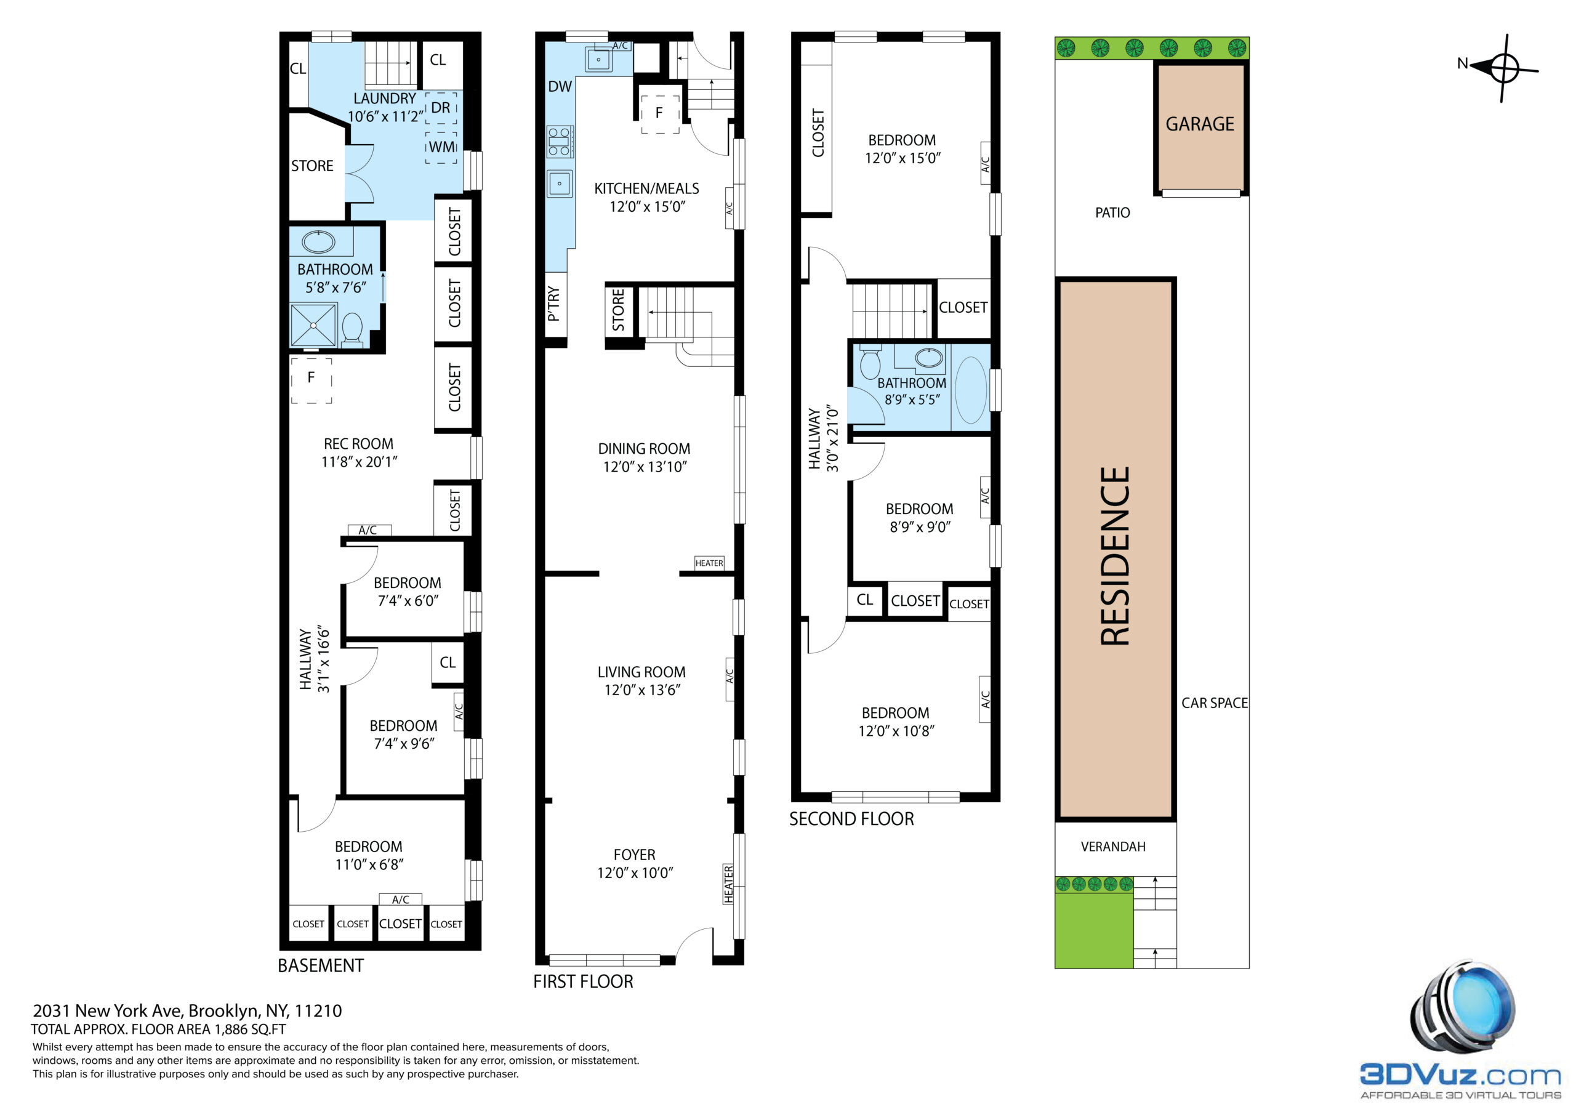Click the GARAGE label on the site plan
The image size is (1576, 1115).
(x=1199, y=124)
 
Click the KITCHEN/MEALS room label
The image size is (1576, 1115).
(x=646, y=189)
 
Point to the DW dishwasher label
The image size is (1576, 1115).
(x=560, y=87)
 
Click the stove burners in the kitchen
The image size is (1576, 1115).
(x=560, y=142)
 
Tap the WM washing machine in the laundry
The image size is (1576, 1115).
(x=441, y=148)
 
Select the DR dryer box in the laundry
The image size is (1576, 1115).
(x=441, y=108)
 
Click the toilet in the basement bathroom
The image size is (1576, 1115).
(x=352, y=328)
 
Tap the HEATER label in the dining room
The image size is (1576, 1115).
(x=709, y=563)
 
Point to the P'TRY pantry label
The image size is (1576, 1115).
(x=554, y=304)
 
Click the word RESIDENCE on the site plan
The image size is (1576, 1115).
(x=1115, y=555)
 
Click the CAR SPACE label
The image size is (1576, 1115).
(x=1214, y=703)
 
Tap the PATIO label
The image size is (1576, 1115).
(x=1112, y=213)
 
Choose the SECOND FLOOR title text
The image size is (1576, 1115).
(x=851, y=818)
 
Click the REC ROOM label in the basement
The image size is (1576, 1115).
(x=358, y=445)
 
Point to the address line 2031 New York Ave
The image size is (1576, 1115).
(x=187, y=1010)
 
